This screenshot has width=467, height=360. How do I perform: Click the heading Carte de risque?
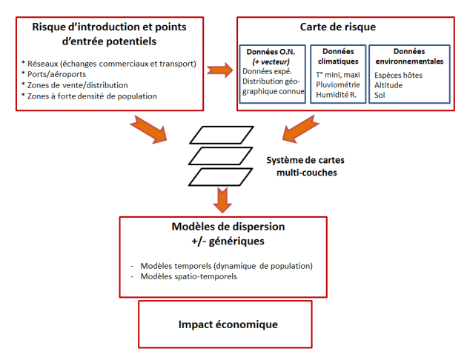pos(337,27)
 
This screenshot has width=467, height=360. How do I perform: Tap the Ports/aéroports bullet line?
pos(54,75)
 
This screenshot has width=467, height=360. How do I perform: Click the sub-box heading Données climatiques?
pos(337,56)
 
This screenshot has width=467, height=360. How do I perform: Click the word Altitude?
pos(389,85)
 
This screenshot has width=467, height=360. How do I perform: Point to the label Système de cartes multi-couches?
pos(305,165)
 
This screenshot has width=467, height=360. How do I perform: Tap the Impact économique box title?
pos(228,324)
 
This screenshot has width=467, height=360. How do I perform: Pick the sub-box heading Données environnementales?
pos(409,56)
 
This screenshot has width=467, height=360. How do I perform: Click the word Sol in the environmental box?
pos(380,96)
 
